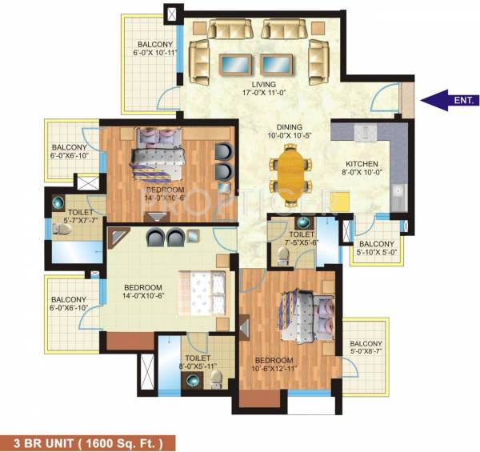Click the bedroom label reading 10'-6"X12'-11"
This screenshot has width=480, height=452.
[274, 365]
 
